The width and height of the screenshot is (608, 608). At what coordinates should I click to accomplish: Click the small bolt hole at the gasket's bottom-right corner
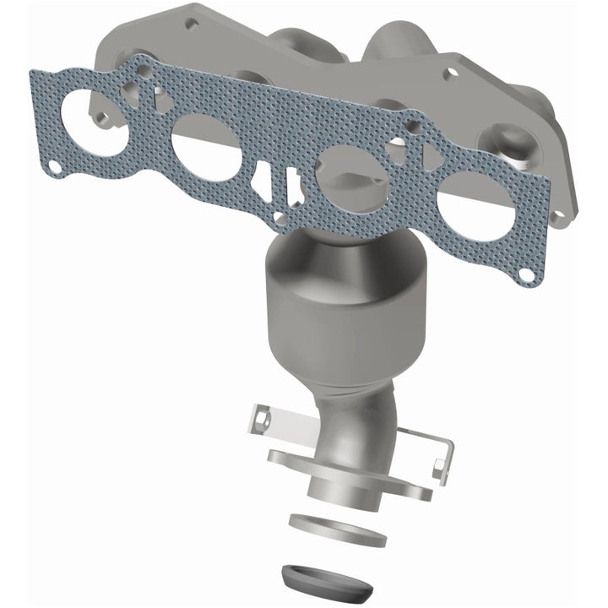[x=527, y=274]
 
